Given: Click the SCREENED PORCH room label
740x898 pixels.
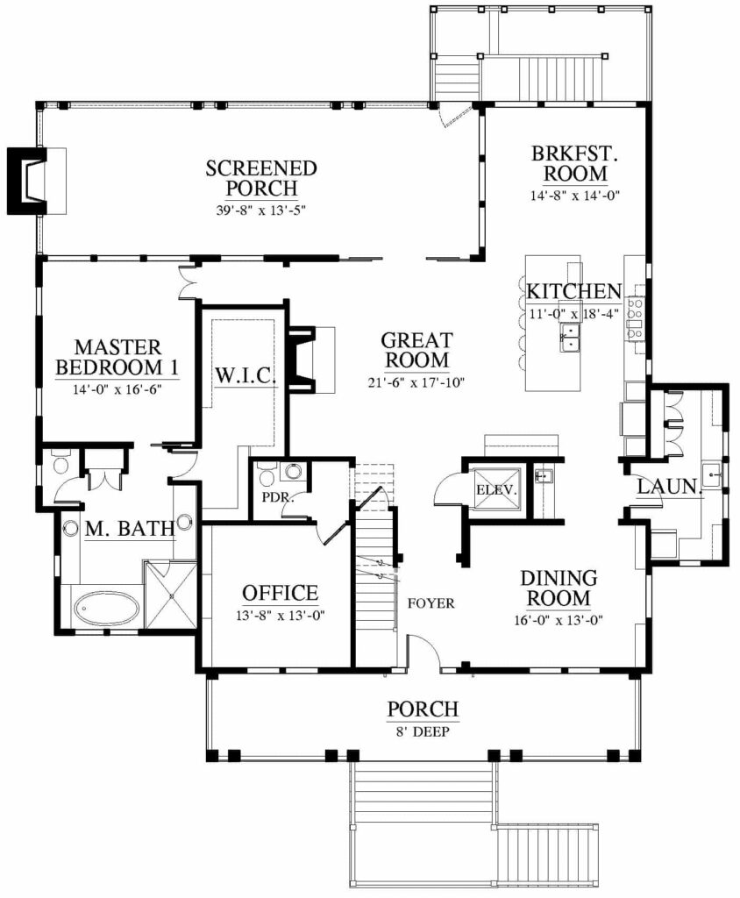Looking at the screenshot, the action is pyautogui.click(x=261, y=178).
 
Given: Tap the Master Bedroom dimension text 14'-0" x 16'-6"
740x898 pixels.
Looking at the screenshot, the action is pyautogui.click(x=117, y=389).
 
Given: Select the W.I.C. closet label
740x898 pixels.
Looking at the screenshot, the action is pyautogui.click(x=245, y=376).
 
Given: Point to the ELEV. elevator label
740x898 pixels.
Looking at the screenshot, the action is pyautogui.click(x=496, y=490).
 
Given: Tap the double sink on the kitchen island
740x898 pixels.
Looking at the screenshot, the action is pyautogui.click(x=569, y=338).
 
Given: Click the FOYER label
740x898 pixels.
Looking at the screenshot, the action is pyautogui.click(x=431, y=603).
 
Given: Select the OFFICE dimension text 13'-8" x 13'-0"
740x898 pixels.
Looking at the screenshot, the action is pyautogui.click(x=281, y=616).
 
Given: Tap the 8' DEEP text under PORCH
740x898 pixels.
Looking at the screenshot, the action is pyautogui.click(x=422, y=732).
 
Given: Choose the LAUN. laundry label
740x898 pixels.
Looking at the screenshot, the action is pyautogui.click(x=670, y=487).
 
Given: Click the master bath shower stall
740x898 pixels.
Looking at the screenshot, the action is pyautogui.click(x=171, y=596).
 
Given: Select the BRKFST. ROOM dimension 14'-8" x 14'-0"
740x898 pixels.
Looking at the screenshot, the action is pyautogui.click(x=575, y=196).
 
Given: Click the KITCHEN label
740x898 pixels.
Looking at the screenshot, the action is pyautogui.click(x=574, y=291).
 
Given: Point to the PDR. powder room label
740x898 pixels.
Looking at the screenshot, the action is pyautogui.click(x=278, y=497).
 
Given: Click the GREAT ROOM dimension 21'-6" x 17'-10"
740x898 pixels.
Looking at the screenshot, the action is pyautogui.click(x=416, y=382).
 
